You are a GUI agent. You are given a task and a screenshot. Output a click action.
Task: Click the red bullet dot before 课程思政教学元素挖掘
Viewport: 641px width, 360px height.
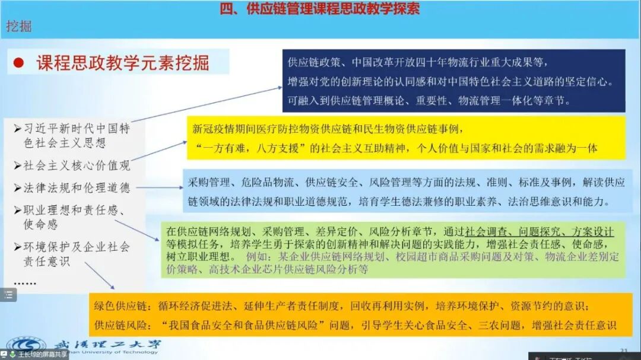(x=18, y=63)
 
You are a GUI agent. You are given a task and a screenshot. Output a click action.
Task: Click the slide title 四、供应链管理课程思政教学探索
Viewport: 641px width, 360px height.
(x=319, y=9)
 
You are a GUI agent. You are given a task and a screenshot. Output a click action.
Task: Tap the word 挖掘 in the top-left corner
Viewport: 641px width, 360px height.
(x=18, y=26)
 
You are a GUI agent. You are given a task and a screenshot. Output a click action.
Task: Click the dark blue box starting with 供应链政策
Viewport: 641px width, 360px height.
(x=453, y=81)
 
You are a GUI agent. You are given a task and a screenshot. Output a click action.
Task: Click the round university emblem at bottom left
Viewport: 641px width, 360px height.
(x=27, y=346)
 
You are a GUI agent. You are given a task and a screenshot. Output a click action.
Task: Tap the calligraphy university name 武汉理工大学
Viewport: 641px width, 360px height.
(x=106, y=345)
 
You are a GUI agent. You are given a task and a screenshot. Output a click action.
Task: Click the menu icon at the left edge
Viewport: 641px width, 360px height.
(x=8, y=295)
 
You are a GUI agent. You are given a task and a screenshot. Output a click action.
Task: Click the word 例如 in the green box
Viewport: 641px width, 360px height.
(x=256, y=257)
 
